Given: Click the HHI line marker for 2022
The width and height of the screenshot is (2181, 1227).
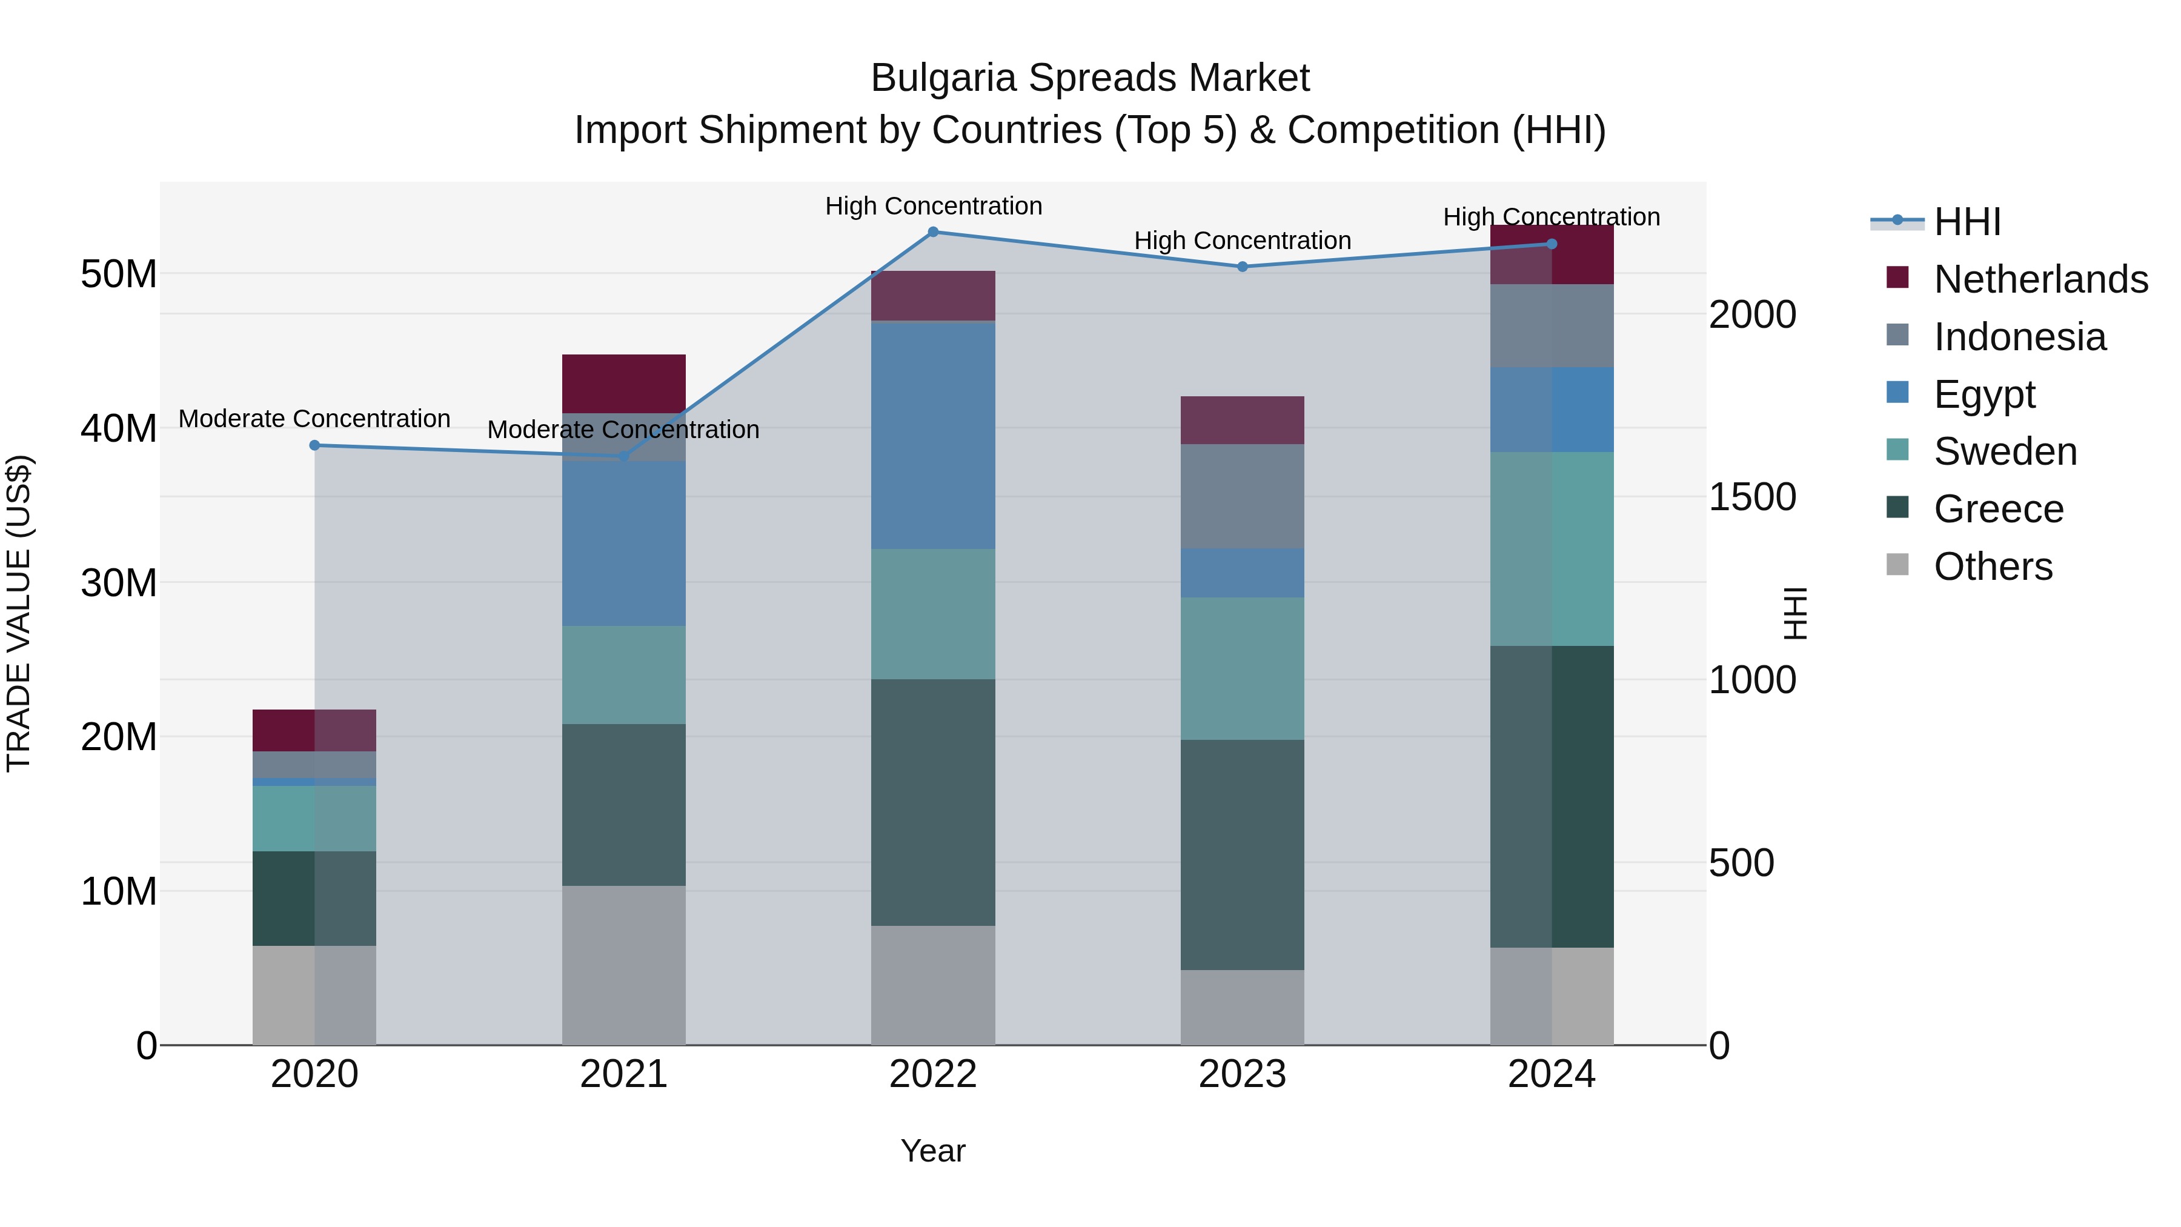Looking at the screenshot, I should pos(933,231).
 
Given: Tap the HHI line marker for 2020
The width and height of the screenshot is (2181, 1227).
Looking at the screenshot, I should pos(314,445).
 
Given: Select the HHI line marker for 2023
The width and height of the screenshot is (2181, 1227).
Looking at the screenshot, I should pos(1242,267).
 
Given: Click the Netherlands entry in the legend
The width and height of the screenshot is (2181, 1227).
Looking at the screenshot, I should pos(2040,279).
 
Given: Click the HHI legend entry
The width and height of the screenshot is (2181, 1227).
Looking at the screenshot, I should pos(1967,221).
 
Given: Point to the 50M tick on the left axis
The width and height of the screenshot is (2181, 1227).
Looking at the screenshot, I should pos(119,273).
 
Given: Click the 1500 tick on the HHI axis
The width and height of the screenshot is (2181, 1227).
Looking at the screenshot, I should pos(1751,497).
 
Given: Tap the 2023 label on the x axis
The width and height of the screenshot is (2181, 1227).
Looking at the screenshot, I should pos(1242,1074).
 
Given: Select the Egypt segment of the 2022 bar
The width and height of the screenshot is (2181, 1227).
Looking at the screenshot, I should pos(933,434).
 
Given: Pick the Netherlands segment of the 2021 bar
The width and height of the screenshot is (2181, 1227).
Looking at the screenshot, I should pos(624,383).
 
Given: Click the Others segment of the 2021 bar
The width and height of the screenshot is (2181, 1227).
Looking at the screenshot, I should pos(624,965).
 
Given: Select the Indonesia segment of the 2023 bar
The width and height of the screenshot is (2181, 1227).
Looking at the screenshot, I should pos(1242,496).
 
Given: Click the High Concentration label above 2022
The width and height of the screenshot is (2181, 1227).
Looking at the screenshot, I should pos(933,206).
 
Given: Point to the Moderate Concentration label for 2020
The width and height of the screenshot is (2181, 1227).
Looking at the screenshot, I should pos(314,418).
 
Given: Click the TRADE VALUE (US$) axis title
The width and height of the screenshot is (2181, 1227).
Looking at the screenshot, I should pos(19,613).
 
